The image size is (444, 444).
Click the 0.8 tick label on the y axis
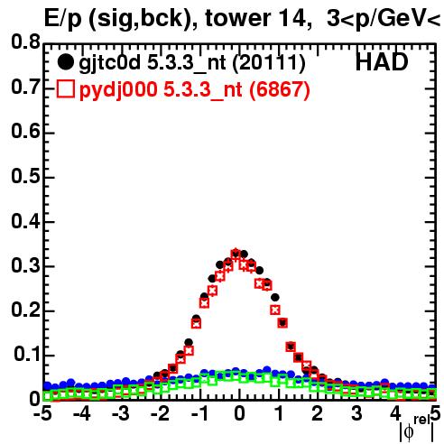click(25, 42)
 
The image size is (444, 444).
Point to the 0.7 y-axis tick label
click(25, 87)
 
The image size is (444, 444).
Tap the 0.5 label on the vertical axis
click(25, 176)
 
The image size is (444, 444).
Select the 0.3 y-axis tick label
click(25, 265)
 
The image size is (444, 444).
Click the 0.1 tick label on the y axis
click(26, 355)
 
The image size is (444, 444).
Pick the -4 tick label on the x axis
click(81, 414)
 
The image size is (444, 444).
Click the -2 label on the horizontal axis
click(160, 414)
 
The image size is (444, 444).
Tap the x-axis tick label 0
click(239, 414)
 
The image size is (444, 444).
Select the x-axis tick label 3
click(356, 414)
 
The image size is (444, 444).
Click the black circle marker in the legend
click(65, 62)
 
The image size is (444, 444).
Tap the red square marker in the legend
click(65, 89)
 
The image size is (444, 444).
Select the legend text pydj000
click(118, 90)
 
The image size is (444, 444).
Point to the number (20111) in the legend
click(269, 63)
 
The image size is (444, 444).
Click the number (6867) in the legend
click(280, 89)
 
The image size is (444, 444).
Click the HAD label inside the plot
click(382, 62)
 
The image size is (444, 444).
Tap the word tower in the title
click(238, 18)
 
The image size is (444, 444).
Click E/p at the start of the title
click(63, 19)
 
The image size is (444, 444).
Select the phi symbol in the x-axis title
click(409, 432)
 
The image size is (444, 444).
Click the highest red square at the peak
click(236, 254)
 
